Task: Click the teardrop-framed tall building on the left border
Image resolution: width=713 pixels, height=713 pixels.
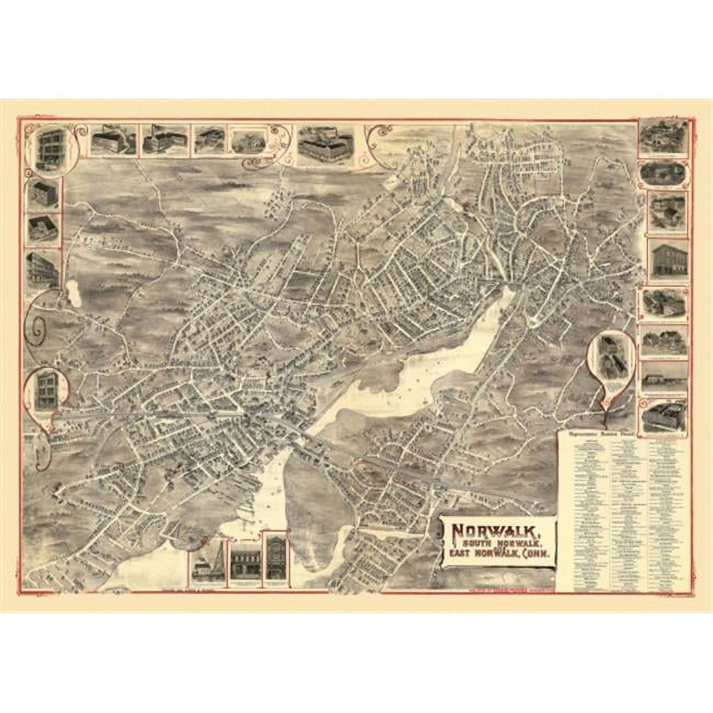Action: tap(47, 389)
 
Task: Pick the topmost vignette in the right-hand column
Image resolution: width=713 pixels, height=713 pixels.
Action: tap(664, 137)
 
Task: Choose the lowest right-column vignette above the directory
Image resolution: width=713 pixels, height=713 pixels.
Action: tap(665, 414)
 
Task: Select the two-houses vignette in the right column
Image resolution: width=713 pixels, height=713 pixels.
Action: tap(664, 342)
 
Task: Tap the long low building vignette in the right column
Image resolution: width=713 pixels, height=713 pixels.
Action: tap(664, 378)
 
